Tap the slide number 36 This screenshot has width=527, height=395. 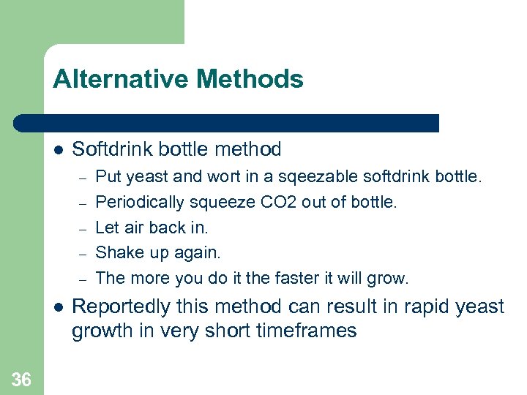[x=21, y=379]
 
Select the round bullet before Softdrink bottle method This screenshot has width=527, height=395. [x=58, y=151]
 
